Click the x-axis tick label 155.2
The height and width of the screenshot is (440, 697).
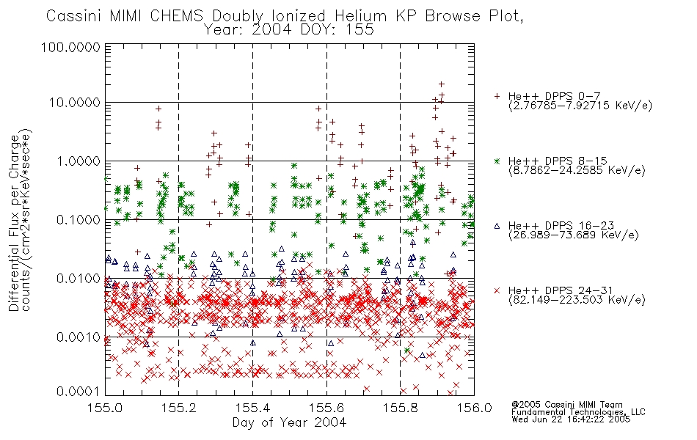click(x=179, y=408)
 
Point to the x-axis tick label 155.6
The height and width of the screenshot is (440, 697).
click(x=326, y=408)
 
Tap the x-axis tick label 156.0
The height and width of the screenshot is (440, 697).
click(x=474, y=408)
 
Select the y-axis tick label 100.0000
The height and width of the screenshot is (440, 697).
click(x=71, y=47)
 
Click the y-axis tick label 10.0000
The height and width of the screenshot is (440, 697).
click(x=75, y=103)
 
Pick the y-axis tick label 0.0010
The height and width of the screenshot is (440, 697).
click(x=79, y=337)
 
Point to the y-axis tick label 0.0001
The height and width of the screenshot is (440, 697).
click(x=79, y=392)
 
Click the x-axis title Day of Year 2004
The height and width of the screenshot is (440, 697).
click(x=289, y=422)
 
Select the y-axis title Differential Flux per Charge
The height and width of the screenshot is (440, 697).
click(x=14, y=223)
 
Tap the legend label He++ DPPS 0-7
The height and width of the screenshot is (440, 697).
click(x=554, y=97)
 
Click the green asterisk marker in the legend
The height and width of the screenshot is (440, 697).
click(x=497, y=161)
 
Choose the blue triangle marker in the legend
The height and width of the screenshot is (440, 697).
click(x=497, y=226)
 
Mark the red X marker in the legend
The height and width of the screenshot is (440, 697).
click(x=497, y=290)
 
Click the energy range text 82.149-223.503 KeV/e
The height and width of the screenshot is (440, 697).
click(x=577, y=300)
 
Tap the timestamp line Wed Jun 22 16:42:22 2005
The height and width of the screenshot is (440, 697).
click(x=571, y=419)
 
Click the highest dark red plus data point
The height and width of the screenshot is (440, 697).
click(x=442, y=84)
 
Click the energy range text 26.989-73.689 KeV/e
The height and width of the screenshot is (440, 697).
click(x=574, y=235)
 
